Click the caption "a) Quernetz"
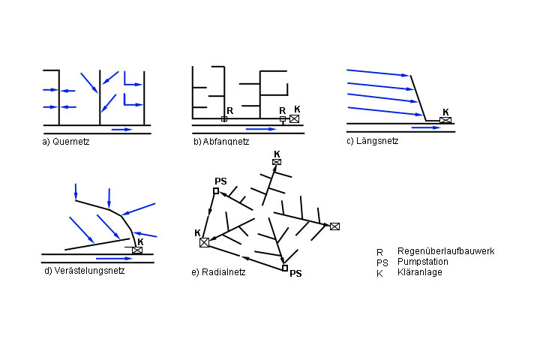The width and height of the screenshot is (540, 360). click(66, 141)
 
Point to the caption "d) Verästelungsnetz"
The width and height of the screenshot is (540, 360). click(85, 271)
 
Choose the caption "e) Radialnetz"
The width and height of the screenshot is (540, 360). click(218, 271)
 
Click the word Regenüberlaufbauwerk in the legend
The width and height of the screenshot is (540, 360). click(445, 251)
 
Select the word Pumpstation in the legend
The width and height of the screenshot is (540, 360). click(424, 262)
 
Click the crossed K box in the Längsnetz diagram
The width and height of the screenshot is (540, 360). click(445, 120)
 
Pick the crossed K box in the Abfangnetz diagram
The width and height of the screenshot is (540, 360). click(294, 118)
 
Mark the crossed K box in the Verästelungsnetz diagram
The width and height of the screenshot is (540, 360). click(137, 250)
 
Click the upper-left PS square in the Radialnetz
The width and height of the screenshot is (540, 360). click(216, 191)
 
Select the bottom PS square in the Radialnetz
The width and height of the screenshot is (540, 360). click(284, 268)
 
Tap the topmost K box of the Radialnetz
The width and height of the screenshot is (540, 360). click(277, 162)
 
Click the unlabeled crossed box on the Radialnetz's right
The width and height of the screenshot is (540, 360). click(334, 226)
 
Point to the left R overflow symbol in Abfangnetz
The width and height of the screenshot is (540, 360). click(224, 118)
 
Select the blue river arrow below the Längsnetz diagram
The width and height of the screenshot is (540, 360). click(424, 128)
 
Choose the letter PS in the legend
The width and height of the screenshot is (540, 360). click(381, 262)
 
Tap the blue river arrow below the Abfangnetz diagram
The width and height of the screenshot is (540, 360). click(260, 129)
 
